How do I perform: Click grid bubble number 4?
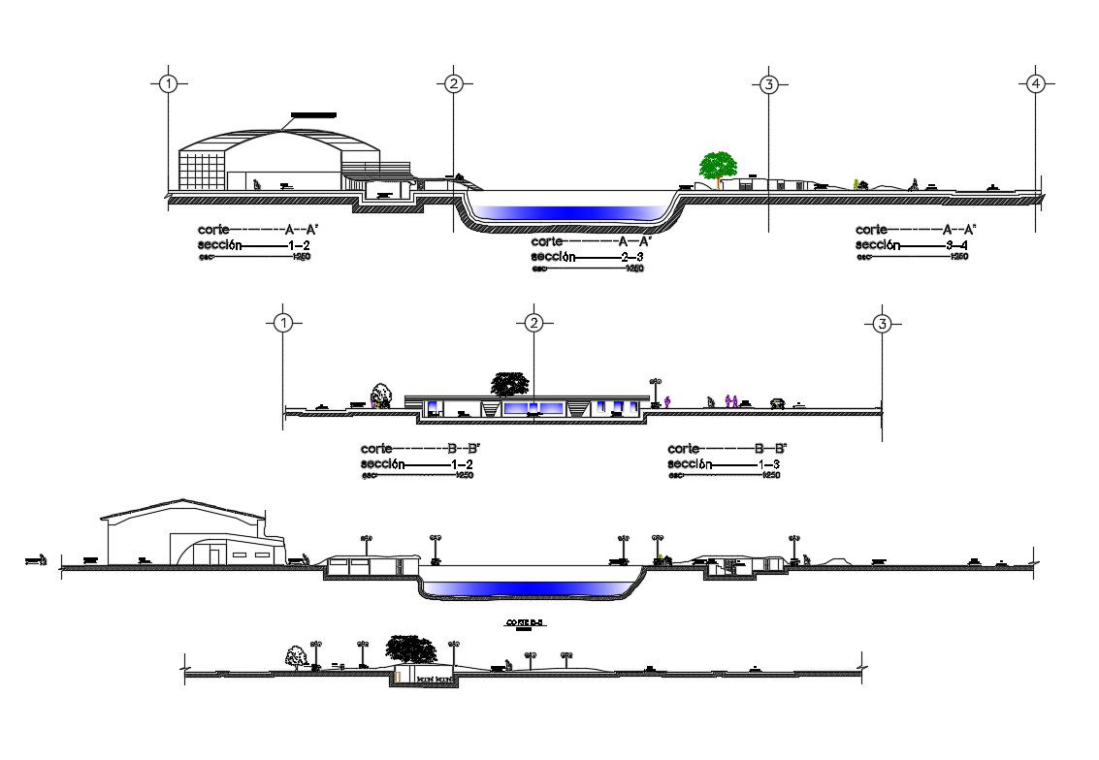1036,83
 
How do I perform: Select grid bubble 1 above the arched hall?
169,83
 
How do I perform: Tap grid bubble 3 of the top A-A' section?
768,84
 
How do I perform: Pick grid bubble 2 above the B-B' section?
533,323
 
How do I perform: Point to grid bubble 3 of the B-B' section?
881,323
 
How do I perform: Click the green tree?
718,166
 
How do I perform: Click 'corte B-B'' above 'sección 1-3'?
727,449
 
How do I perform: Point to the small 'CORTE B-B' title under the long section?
526,622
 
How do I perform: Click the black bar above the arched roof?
313,115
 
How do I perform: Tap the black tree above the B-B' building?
509,384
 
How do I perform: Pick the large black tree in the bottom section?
411,649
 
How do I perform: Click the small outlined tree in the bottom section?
296,657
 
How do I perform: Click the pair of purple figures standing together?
731,399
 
